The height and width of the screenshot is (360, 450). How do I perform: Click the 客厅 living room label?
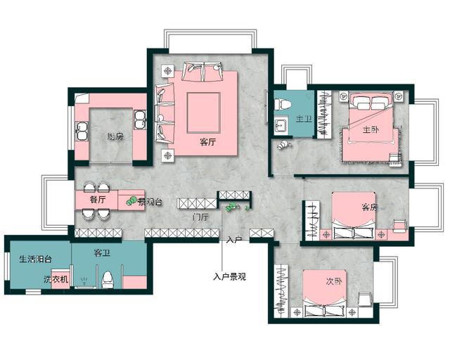207,142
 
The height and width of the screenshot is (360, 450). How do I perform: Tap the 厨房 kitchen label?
115,136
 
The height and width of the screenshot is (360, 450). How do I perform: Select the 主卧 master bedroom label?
371,130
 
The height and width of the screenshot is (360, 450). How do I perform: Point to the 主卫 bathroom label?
304,119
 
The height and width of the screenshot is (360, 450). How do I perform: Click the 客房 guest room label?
370,207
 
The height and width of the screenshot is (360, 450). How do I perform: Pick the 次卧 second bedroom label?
334,281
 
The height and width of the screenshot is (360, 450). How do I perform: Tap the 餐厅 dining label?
98,199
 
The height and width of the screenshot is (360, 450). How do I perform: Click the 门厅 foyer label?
200,217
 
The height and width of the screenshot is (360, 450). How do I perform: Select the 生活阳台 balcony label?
36,259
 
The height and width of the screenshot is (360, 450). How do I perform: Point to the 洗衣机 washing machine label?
56,279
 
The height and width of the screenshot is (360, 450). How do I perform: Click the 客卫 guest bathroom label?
102,253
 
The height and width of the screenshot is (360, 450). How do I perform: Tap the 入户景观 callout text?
230,277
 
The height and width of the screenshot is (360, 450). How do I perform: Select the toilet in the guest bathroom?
108,280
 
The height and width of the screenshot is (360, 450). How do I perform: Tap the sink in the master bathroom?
280,125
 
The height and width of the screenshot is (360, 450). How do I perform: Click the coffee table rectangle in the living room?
204,112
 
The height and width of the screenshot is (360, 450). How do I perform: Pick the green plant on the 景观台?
131,200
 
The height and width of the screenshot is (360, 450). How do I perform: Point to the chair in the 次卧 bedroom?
365,299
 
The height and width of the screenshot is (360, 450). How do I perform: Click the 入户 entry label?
234,240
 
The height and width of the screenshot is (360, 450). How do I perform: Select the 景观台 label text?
150,202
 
